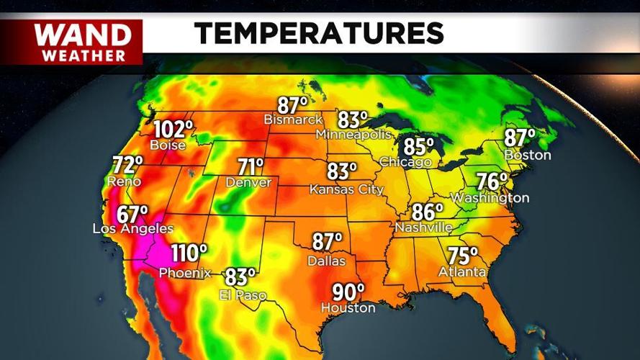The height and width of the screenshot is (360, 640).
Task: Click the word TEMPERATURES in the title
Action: coord(318,32)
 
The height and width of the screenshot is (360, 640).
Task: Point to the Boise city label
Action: coord(168,145)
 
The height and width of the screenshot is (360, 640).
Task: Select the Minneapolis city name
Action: coord(353,135)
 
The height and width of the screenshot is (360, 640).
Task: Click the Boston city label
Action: coord(528,155)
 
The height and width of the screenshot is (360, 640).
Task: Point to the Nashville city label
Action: coord(423,228)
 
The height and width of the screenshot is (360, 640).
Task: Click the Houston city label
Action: coord(348,308)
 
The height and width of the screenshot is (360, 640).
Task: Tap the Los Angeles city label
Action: coord(133,229)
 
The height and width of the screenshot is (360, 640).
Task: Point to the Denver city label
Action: coord(248,183)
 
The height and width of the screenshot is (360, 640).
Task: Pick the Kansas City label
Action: coord(346,190)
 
